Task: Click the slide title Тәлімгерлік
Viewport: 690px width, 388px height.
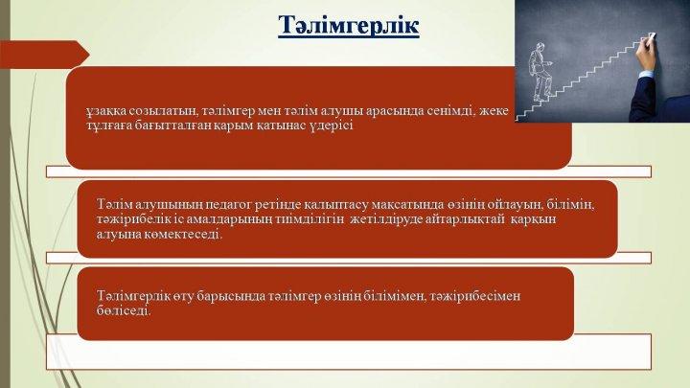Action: tap(349, 25)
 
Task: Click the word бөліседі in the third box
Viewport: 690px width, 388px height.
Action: tap(124, 310)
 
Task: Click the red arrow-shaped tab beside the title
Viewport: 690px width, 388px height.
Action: tap(44, 55)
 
